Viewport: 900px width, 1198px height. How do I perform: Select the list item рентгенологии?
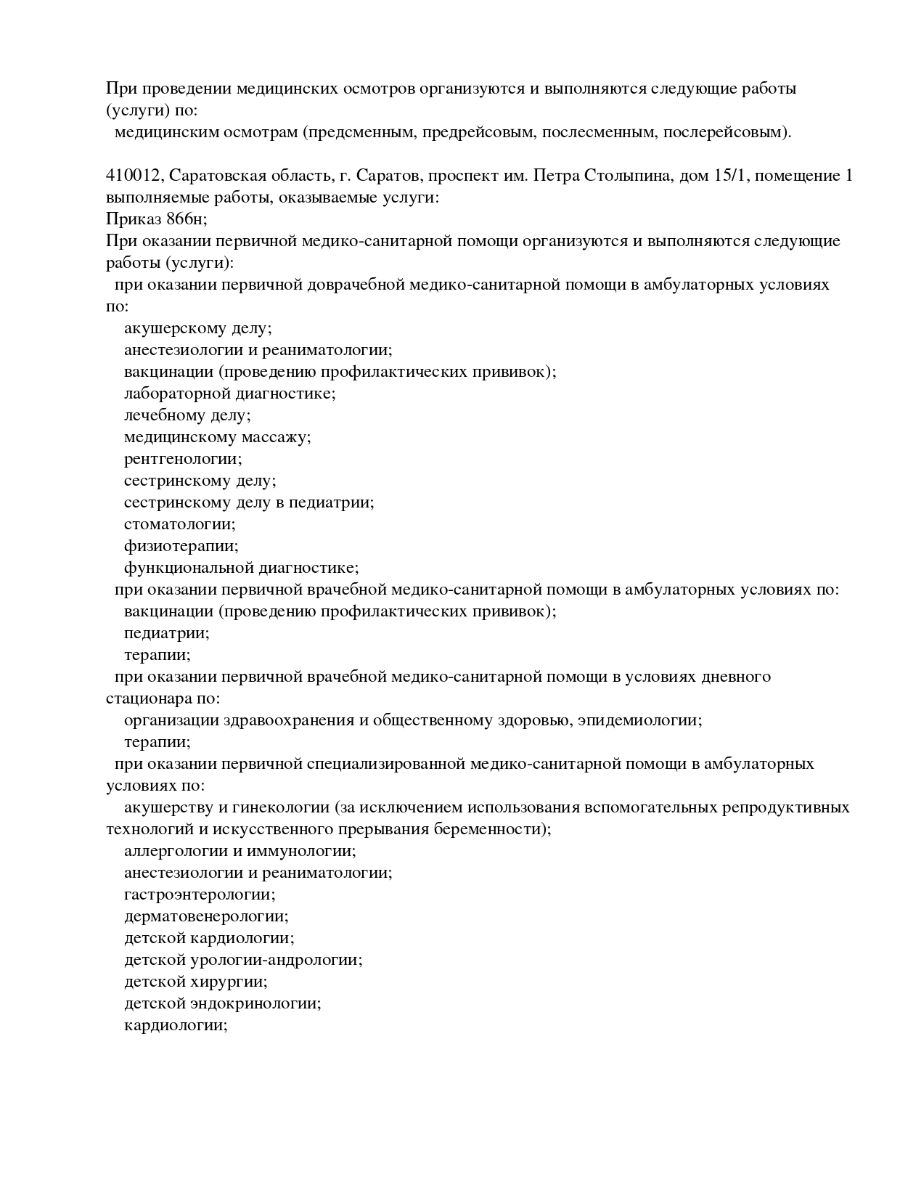point(183,459)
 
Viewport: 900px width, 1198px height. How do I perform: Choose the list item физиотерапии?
point(181,546)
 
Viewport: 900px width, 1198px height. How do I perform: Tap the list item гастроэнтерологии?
point(200,895)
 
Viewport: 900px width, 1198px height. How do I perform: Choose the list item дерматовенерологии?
point(206,916)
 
